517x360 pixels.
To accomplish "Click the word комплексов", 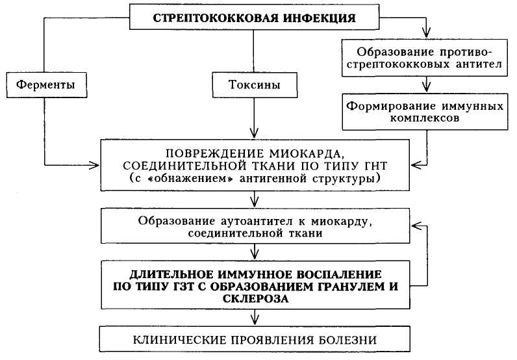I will point(425,120).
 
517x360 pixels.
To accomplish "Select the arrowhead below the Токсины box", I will point(254,133).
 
